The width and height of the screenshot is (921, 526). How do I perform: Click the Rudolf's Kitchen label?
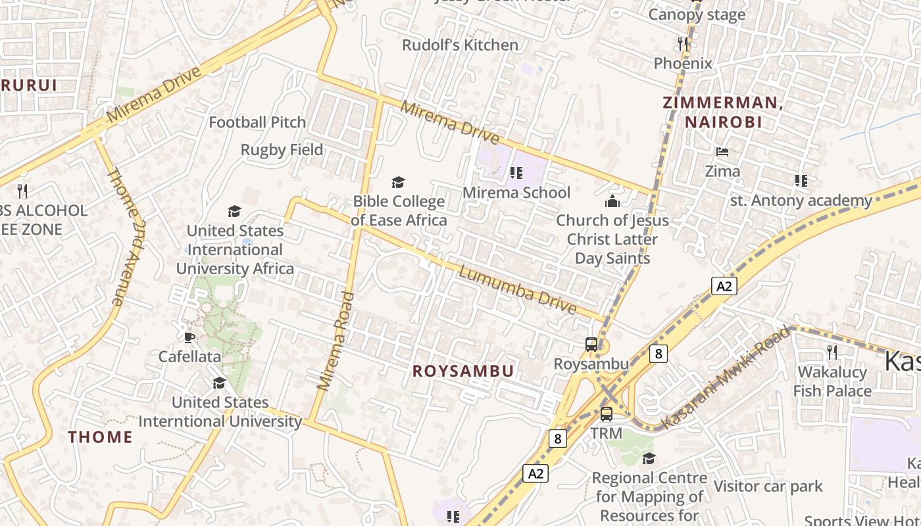tap(460, 45)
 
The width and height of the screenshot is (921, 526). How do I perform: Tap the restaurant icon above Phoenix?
tap(683, 44)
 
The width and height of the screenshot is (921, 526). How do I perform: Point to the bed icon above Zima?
tap(722, 152)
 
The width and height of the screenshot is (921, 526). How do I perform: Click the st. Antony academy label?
tap(801, 201)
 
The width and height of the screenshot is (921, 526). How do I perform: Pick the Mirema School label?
tap(516, 192)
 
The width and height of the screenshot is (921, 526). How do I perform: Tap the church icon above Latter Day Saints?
tap(612, 201)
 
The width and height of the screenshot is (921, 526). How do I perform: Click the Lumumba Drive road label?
tap(517, 289)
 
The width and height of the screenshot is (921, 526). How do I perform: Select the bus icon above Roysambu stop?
tap(591, 344)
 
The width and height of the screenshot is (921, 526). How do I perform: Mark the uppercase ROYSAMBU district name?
tap(463, 371)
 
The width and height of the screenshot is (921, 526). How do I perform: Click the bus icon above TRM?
tap(607, 414)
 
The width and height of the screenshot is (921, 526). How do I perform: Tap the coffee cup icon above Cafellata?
tap(189, 337)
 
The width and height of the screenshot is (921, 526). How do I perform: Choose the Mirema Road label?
tap(336, 342)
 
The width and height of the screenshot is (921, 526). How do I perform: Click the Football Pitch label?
tap(257, 122)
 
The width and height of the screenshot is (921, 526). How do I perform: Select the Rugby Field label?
tap(282, 150)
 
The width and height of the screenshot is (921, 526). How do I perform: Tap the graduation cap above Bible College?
tap(398, 182)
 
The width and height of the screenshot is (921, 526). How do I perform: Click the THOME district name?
tap(101, 437)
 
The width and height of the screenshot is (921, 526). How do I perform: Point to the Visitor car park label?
tap(768, 487)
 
